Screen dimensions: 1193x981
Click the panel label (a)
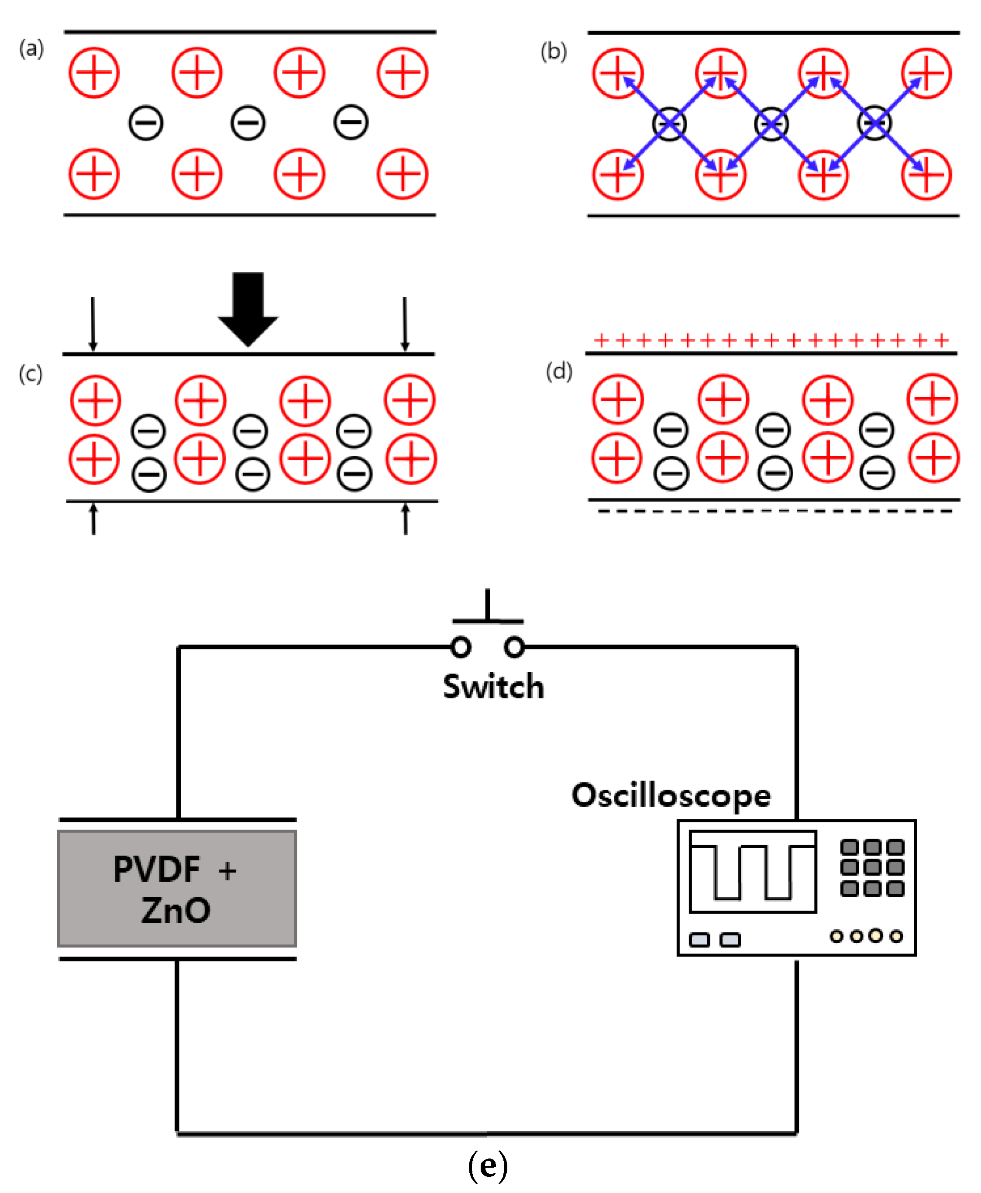coord(31,48)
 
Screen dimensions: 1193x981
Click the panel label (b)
coord(553,52)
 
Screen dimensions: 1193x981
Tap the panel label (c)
coord(31,374)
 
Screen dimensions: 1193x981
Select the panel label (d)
coord(559,371)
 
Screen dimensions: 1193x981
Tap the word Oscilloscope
coord(671,796)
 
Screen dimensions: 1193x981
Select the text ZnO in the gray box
coord(176,910)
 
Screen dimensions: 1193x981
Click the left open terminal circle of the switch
coord(461,647)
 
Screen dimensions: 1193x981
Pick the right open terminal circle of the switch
coord(514,647)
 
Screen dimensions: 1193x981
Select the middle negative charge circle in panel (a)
coord(248,123)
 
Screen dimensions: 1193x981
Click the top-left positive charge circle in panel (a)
coord(94,72)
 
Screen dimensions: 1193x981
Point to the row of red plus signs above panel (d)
coord(771,340)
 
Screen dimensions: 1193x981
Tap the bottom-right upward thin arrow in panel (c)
coord(405,519)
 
